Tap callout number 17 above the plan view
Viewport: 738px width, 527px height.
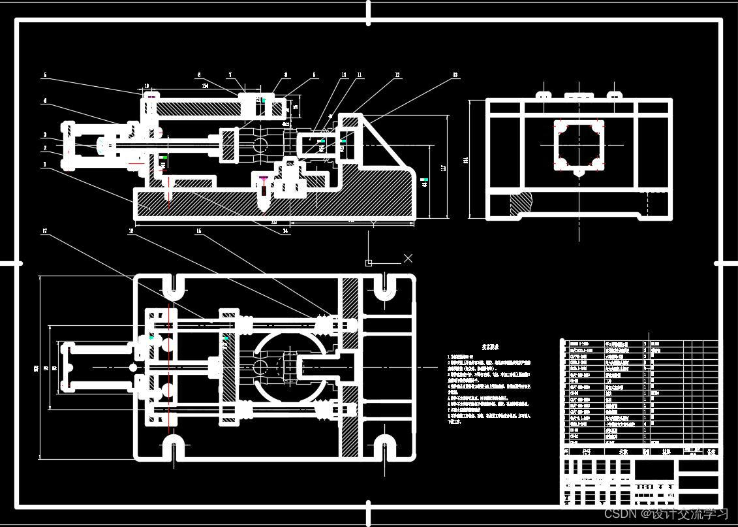[45, 231]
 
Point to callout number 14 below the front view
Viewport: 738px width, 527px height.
[286, 231]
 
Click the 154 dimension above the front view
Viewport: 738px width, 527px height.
[205, 86]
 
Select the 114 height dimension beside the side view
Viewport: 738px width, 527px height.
[466, 160]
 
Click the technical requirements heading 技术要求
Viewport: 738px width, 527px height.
[490, 347]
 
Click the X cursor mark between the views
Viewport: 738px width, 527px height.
[408, 259]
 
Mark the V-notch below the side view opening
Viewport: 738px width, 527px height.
[579, 173]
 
